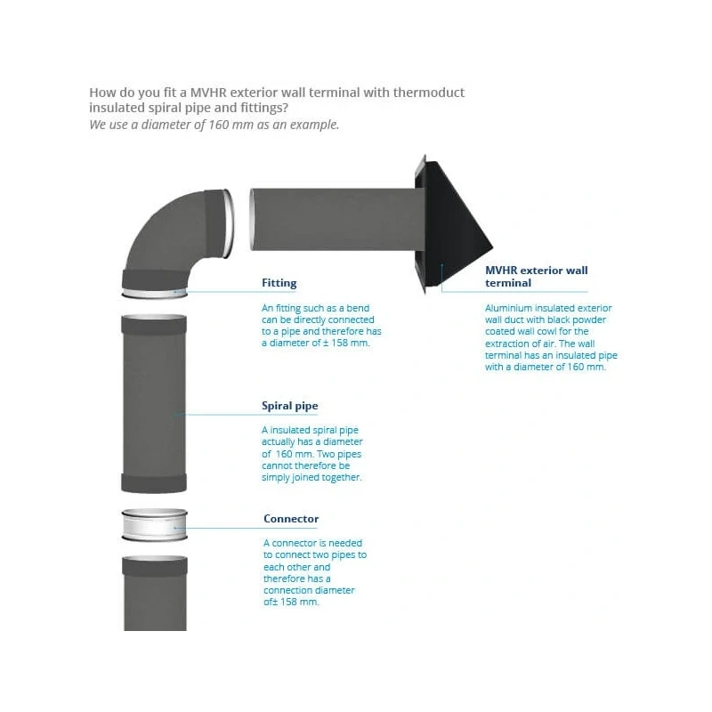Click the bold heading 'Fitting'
[279, 283]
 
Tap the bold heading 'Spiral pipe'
[290, 406]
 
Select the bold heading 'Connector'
[291, 519]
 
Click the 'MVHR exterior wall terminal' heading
[537, 277]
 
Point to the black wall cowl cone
[454, 225]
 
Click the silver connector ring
[154, 525]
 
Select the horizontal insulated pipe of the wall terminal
[337, 219]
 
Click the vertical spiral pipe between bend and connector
[154, 403]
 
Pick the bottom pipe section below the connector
[155, 593]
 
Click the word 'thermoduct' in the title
[429, 93]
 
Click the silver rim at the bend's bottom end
[154, 294]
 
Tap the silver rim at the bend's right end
[230, 223]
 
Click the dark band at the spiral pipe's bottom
[154, 483]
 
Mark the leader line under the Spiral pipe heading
[247, 414]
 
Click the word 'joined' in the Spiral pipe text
[305, 477]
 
